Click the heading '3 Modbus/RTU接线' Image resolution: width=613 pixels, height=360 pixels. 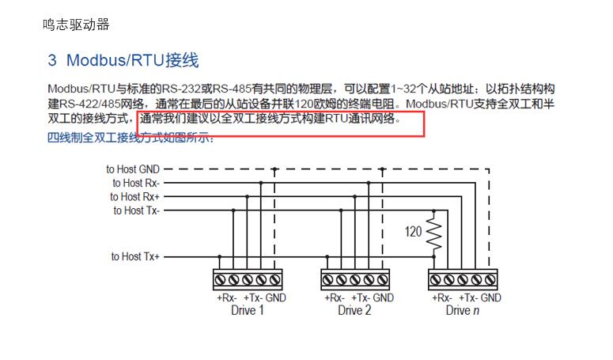click(x=123, y=60)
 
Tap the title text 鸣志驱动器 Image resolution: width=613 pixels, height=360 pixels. click(x=76, y=25)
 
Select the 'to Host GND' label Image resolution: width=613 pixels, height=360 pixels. click(x=133, y=169)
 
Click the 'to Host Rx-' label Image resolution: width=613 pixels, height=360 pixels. click(x=136, y=183)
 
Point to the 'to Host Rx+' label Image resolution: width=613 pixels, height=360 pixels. click(x=135, y=196)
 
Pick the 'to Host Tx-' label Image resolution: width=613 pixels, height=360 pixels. click(x=136, y=210)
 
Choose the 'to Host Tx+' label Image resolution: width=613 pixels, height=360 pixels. click(x=135, y=256)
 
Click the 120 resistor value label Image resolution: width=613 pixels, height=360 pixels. click(x=413, y=232)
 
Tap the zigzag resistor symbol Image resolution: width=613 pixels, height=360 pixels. click(x=433, y=231)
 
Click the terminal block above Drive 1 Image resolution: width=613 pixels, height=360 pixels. click(x=248, y=279)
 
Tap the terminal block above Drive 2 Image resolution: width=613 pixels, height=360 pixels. click(x=355, y=279)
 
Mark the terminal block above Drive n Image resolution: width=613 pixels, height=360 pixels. click(x=463, y=279)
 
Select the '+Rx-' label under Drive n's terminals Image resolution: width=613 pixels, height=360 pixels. click(x=441, y=297)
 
